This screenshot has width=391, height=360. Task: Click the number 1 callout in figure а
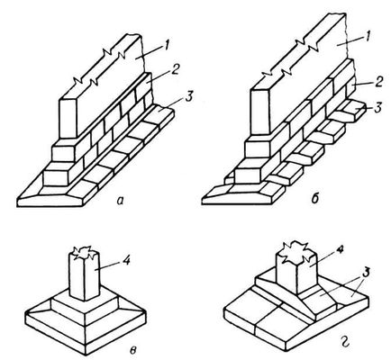tap(168, 47)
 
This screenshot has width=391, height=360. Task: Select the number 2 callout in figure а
tap(175, 70)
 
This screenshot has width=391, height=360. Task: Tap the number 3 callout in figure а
tap(188, 97)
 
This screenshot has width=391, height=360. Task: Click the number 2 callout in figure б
tap(378, 82)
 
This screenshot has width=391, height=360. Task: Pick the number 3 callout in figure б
tap(378, 107)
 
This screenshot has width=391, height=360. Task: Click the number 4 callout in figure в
tap(126, 260)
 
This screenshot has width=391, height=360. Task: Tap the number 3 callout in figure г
tap(366, 274)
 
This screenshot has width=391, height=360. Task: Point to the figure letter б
tap(314, 198)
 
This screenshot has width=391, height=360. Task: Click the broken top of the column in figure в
tap(86, 253)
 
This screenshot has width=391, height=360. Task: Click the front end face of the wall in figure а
tap(68, 118)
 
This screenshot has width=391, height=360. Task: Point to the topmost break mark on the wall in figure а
tap(114, 54)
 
